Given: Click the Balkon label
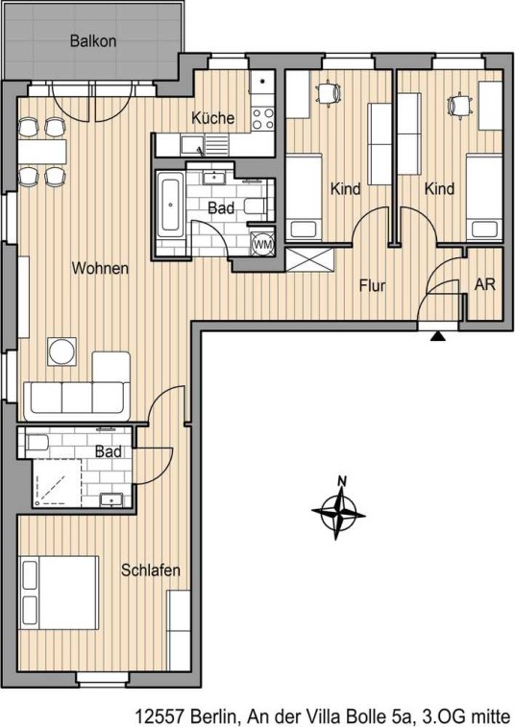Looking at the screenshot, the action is point(93,40).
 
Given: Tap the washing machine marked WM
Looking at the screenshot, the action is point(262,244).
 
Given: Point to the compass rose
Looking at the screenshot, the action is point(339,509).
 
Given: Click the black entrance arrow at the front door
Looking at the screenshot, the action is point(437,336).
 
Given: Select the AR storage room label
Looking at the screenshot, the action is point(485,283).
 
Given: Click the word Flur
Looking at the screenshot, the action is point(372,285).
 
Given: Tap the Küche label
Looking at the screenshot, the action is point(213,118).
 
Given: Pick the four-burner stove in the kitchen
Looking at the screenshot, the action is point(262,118).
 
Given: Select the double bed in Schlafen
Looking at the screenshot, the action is point(59,593).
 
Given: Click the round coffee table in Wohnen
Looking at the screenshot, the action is point(62,351).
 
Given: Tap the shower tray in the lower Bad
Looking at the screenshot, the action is point(57,483).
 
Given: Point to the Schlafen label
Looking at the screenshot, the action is point(150,569).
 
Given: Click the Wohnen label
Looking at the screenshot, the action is point(100,268).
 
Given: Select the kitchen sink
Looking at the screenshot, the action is point(192,145).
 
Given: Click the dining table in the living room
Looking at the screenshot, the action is point(42,151).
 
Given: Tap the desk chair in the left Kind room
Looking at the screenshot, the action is point(329,93).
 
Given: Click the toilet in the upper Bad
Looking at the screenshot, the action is point(255,206).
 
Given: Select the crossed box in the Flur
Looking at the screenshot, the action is point(310,259).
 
